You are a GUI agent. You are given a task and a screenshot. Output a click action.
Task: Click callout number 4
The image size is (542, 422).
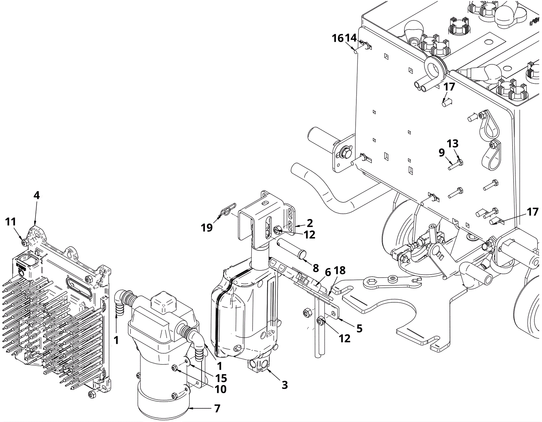click(37, 196)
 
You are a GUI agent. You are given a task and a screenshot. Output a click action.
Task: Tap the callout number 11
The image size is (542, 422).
click(11, 222)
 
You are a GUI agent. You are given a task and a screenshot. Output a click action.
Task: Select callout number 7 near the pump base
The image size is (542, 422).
click(217, 408)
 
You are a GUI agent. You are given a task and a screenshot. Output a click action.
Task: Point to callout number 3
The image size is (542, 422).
click(285, 385)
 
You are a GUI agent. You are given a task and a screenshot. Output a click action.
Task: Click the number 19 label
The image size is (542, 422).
click(207, 227)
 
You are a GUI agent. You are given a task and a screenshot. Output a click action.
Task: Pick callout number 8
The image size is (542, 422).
click(316, 268)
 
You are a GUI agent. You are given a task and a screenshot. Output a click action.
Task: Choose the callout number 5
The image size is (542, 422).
click(359, 328)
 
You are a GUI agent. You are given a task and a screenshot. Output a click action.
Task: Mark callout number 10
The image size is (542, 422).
click(221, 389)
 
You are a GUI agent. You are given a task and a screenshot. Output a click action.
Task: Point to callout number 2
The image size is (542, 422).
click(310, 223)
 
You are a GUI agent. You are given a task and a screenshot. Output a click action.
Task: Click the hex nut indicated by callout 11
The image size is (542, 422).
click(25, 242)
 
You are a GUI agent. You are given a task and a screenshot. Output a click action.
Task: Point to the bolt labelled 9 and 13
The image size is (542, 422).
click(456, 165)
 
